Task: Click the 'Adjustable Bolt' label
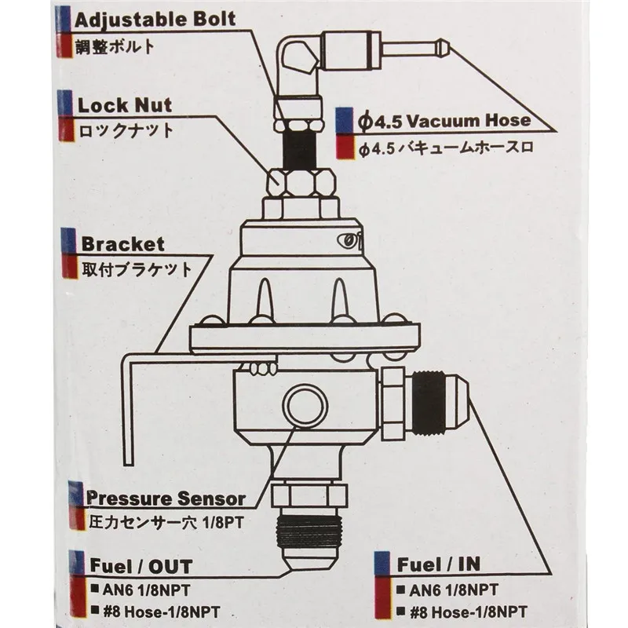click(155, 20)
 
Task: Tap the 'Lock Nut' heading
click(125, 105)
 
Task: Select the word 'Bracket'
click(123, 244)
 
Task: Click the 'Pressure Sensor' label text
click(166, 498)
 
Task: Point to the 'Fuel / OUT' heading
click(141, 566)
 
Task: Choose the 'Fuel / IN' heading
click(439, 564)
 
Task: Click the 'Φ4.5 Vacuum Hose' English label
click(444, 120)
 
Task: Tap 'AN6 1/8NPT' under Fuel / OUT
click(146, 590)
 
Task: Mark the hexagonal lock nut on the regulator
click(301, 184)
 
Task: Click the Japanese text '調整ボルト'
click(115, 46)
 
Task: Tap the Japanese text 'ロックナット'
click(126, 130)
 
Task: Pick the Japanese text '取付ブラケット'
click(137, 269)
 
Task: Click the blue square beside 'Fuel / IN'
click(382, 564)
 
